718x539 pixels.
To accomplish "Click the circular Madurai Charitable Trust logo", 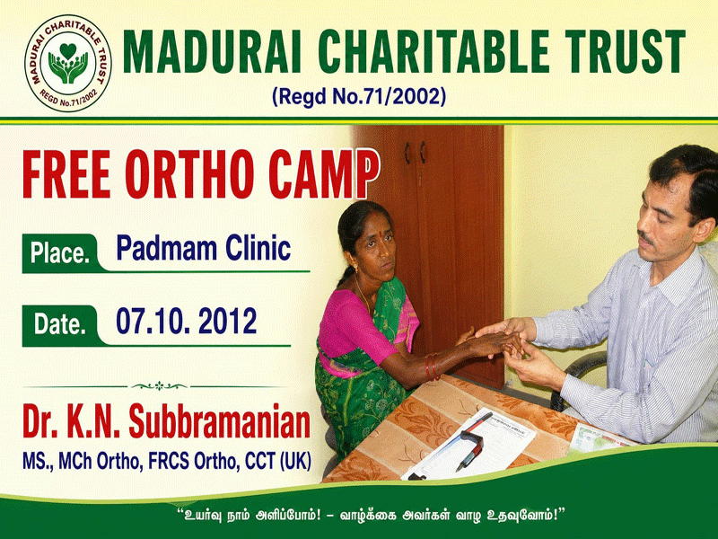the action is click(68, 63).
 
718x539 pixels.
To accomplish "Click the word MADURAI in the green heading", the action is click(212, 51).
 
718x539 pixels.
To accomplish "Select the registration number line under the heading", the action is click(358, 97).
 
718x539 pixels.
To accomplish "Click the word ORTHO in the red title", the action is click(189, 174).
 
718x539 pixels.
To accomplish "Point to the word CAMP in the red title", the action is click(324, 174).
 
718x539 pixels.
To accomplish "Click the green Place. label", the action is click(60, 253).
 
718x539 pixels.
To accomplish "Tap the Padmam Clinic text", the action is click(204, 248).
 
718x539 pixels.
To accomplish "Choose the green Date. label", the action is click(60, 325).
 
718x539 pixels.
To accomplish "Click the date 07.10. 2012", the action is click(187, 321).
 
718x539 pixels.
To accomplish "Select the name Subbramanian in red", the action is click(219, 421).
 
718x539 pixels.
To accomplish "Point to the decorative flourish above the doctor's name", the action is click(159, 386).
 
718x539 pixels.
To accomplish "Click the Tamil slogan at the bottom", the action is click(372, 514).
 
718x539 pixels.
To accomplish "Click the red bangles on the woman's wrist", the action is click(432, 367).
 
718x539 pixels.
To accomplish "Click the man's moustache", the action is click(645, 238).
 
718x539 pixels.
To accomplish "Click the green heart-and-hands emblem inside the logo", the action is click(68, 63).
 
